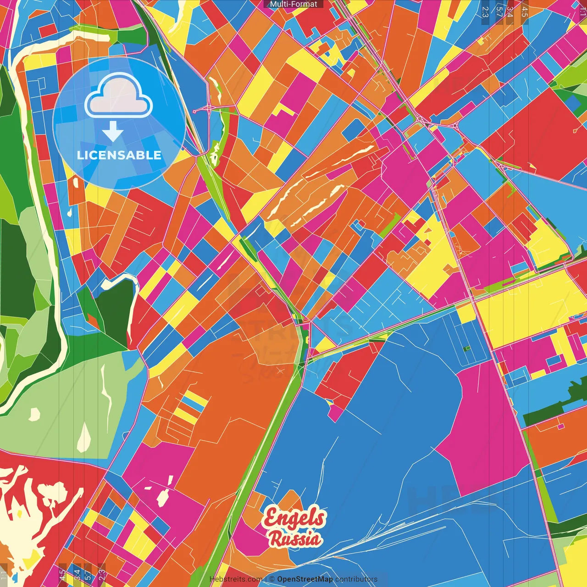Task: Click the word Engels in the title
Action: (x=294, y=518)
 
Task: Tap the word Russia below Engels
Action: (x=295, y=538)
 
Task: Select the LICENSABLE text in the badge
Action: (x=119, y=155)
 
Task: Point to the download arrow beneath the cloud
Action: (x=113, y=132)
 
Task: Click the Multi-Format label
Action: (x=293, y=4)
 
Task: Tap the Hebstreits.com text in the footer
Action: (x=236, y=579)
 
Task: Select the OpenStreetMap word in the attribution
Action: (x=305, y=579)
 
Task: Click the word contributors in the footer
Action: (x=356, y=579)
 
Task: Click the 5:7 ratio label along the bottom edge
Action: (x=88, y=574)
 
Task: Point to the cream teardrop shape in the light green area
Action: (x=84, y=438)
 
